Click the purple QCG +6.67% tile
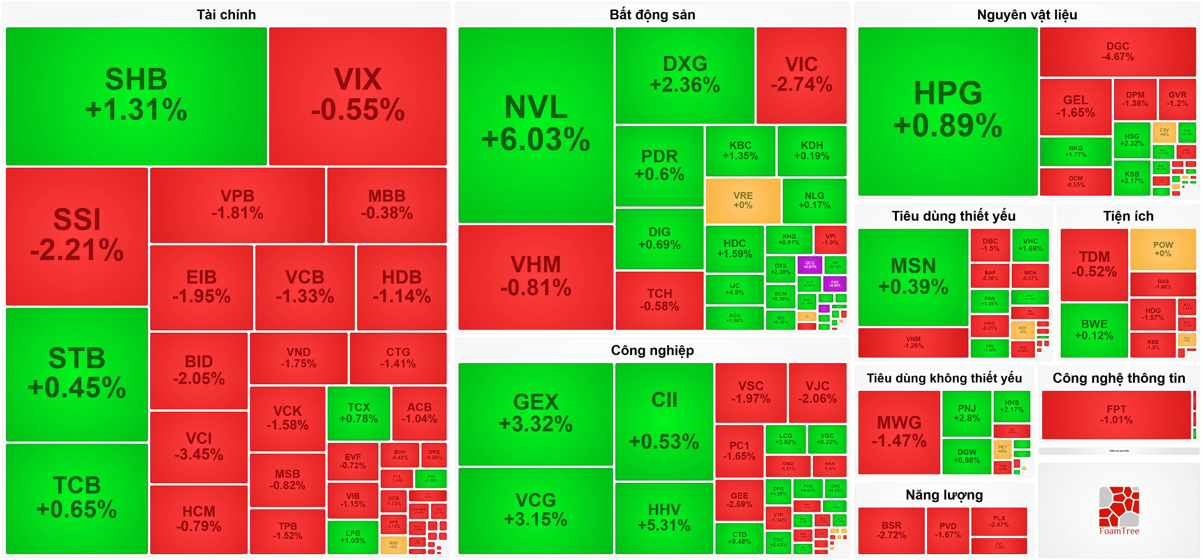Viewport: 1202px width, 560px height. pyautogui.click(x=810, y=265)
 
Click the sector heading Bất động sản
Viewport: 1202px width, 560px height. pyautogui.click(x=652, y=15)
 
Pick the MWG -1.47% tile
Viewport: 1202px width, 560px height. pyautogui.click(x=899, y=432)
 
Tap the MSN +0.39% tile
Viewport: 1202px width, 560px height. pyautogui.click(x=913, y=276)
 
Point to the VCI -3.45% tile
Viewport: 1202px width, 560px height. pyautogui.click(x=199, y=446)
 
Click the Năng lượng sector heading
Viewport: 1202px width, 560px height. pyautogui.click(x=944, y=495)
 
